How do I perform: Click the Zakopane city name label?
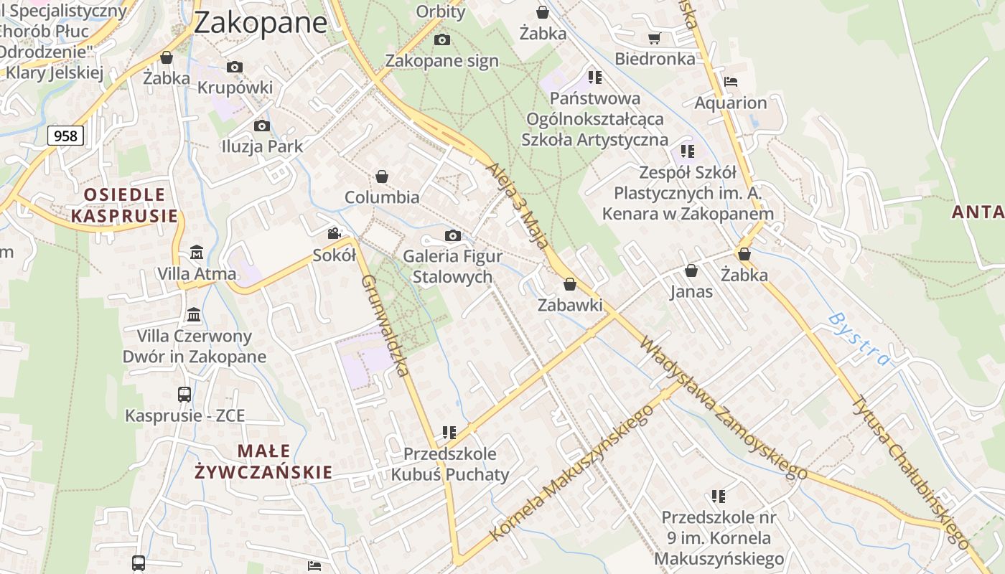pyautogui.click(x=261, y=22)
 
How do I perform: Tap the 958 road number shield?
pyautogui.click(x=65, y=135)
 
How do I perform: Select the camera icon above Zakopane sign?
pyautogui.click(x=442, y=39)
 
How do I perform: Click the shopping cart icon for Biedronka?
pyautogui.click(x=654, y=38)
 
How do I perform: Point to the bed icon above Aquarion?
pyautogui.click(x=731, y=81)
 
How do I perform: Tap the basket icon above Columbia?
pyautogui.click(x=382, y=177)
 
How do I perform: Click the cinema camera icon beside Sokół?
pyautogui.click(x=334, y=233)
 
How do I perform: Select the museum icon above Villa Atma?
pyautogui.click(x=196, y=253)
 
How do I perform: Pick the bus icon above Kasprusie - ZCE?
pyautogui.click(x=184, y=394)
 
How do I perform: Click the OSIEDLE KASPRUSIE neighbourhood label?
pyautogui.click(x=124, y=204)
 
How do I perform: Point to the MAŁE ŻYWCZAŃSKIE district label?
pyautogui.click(x=263, y=461)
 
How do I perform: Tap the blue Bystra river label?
pyautogui.click(x=859, y=339)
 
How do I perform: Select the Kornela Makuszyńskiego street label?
pyautogui.click(x=571, y=473)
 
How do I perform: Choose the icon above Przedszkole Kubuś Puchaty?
pyautogui.click(x=449, y=433)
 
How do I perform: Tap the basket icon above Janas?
pyautogui.click(x=691, y=270)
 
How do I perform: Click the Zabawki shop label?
pyautogui.click(x=570, y=305)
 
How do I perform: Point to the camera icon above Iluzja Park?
pyautogui.click(x=262, y=126)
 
